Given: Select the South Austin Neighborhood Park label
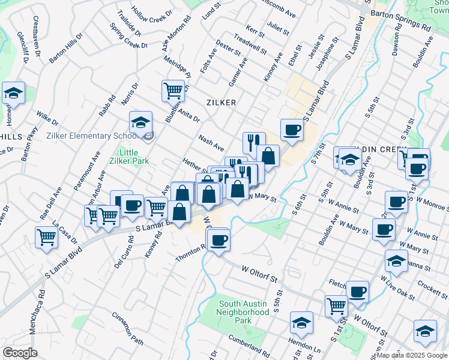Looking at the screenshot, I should pos(243,313).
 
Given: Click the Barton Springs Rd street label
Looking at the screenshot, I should pos(401,28).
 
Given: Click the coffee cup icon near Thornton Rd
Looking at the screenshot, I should pos(218,240).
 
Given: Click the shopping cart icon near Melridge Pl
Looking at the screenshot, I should pos(173,91).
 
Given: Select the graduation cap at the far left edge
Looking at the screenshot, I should pos(13,93).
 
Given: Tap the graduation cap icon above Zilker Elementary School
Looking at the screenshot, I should pos(141,122).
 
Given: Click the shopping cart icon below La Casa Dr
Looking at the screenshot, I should pos(47,236).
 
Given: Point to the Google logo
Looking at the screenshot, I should pos(20,353).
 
